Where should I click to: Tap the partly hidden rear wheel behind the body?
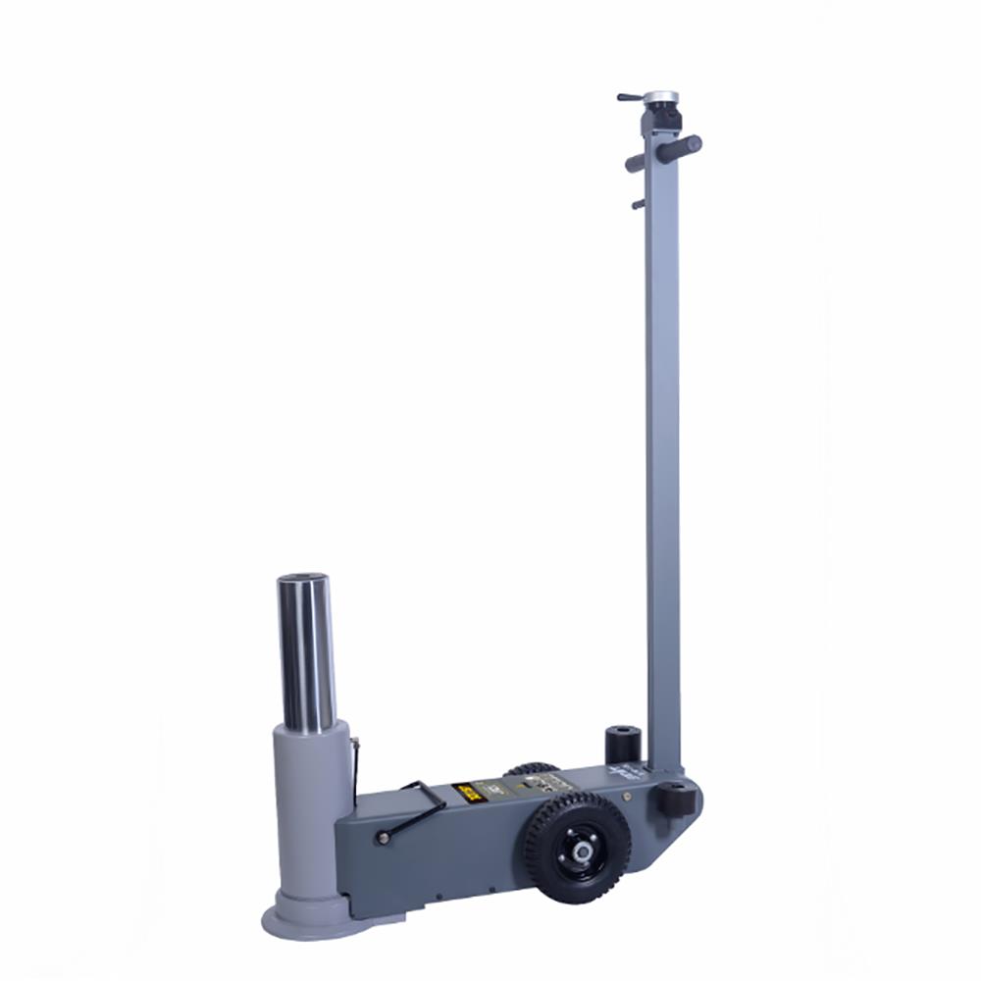tap(533, 769)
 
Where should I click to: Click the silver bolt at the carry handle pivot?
tap(382, 838)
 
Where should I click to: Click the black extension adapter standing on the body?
tap(621, 744)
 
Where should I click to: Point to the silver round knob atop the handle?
tap(661, 98)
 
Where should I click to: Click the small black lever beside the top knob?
tap(629, 97)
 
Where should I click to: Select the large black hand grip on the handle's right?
tap(679, 149)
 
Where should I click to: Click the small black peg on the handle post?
tap(638, 204)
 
